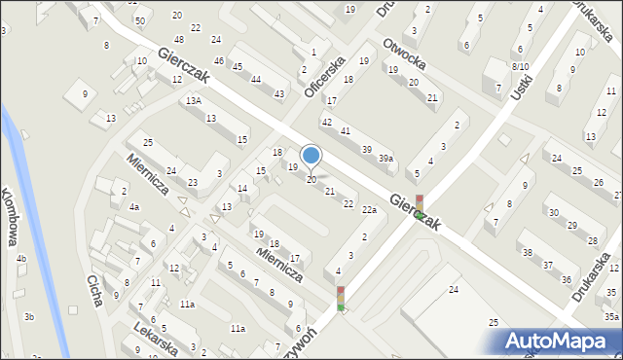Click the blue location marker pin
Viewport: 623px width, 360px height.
(x=311, y=156)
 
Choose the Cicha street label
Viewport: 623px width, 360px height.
(x=94, y=290)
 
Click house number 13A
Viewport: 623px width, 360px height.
(x=195, y=100)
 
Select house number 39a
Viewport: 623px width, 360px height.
(x=386, y=159)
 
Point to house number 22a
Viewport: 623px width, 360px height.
(x=369, y=209)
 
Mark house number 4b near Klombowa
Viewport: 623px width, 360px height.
(x=20, y=258)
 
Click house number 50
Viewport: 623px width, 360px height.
(x=140, y=20)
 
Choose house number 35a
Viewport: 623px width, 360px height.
(x=610, y=316)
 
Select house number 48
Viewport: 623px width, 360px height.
(x=178, y=39)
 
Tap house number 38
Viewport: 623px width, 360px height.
(x=527, y=252)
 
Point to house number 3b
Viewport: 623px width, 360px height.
(x=29, y=316)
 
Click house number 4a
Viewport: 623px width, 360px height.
(x=134, y=206)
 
